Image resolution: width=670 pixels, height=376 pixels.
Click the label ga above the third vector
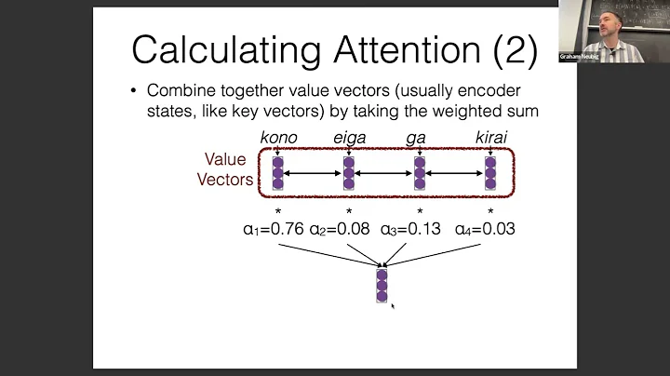coord(420,138)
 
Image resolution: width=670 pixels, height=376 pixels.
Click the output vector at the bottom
coord(382,284)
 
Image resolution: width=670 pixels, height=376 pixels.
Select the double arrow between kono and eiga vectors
coord(314,171)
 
